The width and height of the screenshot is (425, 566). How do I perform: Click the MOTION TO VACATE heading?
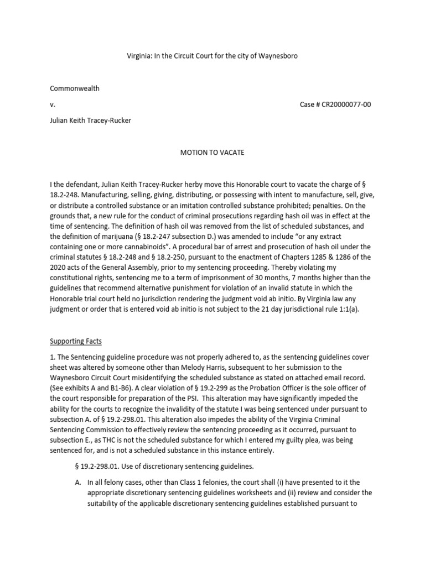(212, 152)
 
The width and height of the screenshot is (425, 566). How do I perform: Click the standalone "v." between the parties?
(52, 104)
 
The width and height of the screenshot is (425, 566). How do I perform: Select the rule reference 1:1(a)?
(348, 310)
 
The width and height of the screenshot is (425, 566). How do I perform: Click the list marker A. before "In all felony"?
(78, 483)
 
